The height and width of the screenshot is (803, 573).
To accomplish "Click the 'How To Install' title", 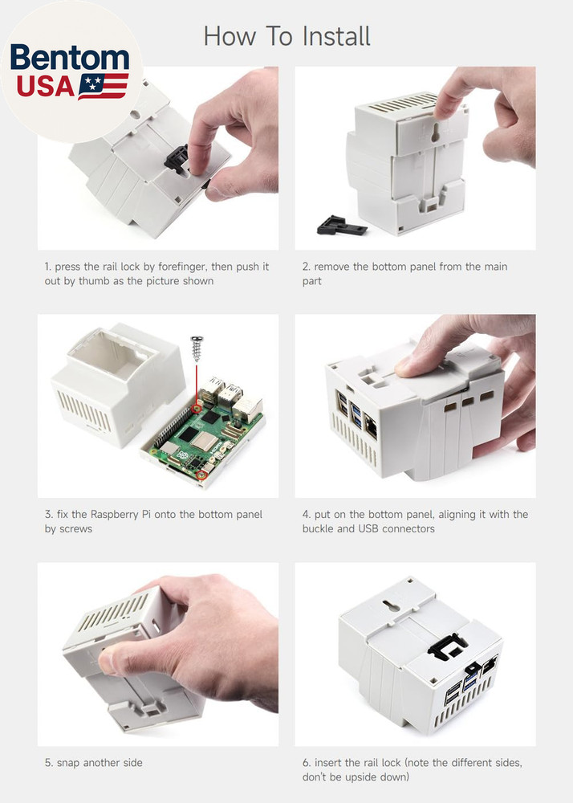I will (x=286, y=36).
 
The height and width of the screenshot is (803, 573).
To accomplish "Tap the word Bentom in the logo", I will (x=70, y=59).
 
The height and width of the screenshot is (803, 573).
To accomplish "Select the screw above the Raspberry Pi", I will (x=195, y=349).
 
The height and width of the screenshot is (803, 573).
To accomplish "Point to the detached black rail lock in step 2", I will (x=340, y=225).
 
